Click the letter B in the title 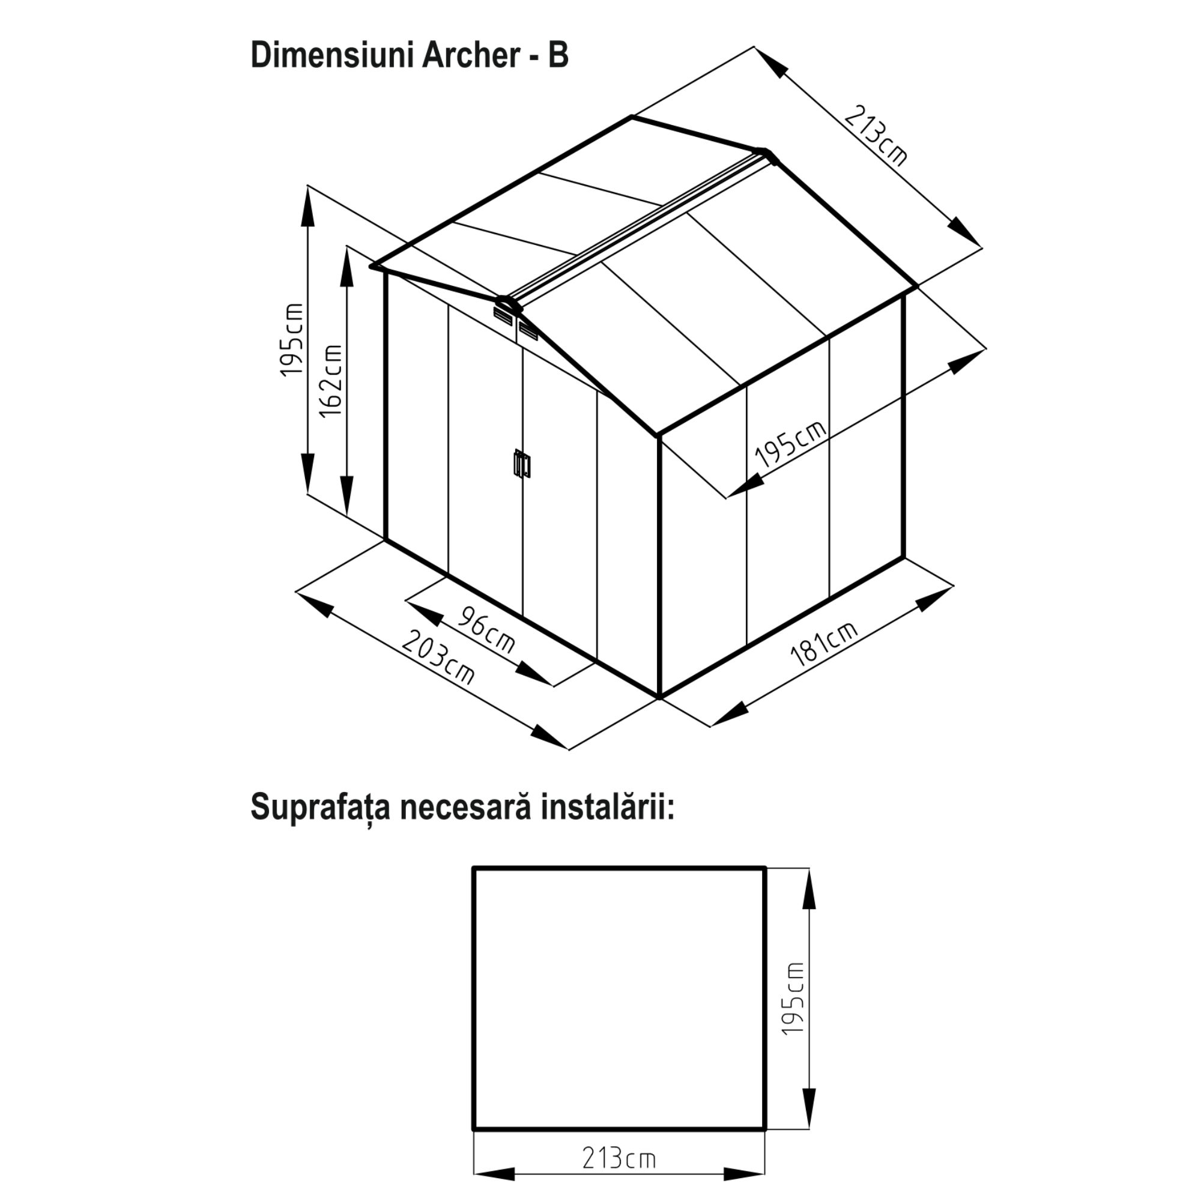558,56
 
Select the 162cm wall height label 331,381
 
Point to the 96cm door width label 487,631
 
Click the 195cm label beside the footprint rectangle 793,999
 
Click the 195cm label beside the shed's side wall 791,444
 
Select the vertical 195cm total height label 292,340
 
